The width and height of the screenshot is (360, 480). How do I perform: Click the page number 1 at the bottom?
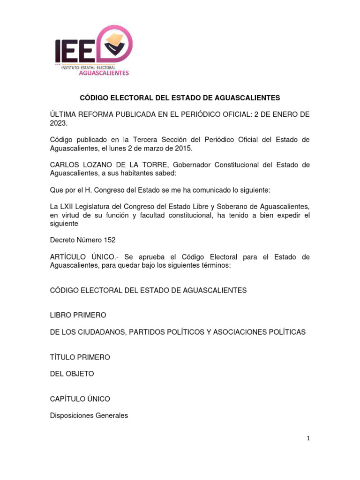click(x=308, y=438)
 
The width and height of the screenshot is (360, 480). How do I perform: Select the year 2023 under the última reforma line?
click(x=59, y=123)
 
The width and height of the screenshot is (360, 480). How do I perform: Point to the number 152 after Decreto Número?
click(x=109, y=240)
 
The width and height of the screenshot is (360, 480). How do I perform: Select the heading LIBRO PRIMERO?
click(x=78, y=315)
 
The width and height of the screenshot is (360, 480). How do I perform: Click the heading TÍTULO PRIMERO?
click(x=80, y=357)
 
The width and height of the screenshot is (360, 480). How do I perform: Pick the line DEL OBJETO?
click(x=72, y=374)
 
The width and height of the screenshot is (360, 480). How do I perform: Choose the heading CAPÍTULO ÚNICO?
click(x=80, y=399)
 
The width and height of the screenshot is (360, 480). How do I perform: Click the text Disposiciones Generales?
click(x=89, y=415)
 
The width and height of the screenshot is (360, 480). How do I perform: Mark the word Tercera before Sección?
click(x=145, y=140)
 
